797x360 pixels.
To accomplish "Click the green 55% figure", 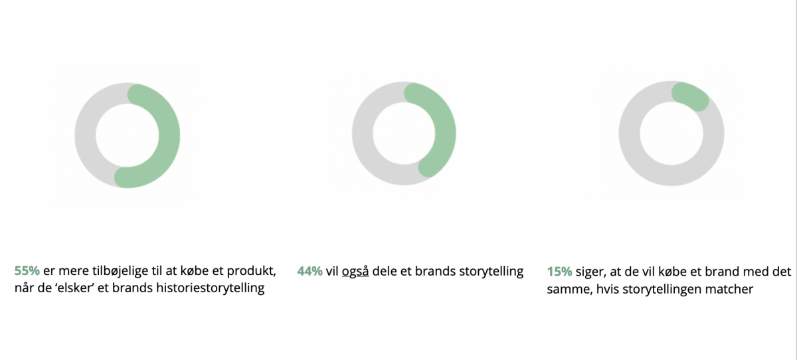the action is tap(27, 271).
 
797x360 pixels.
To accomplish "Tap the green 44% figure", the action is tap(310, 272).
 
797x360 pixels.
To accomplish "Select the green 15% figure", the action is tap(560, 272).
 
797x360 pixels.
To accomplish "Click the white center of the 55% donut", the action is tap(127, 135).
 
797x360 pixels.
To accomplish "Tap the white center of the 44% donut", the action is tap(404, 134).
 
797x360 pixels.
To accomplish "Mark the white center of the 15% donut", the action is tap(671, 134).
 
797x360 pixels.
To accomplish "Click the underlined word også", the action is tap(355, 272).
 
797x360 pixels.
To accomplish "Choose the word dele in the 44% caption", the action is tap(385, 272).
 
